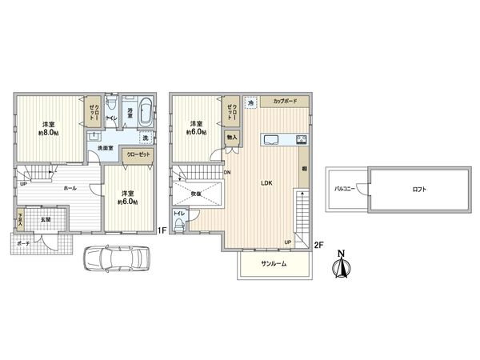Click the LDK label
266,183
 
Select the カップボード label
285,102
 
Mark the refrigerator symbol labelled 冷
250,103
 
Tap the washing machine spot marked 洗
145,137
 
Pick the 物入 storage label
231,138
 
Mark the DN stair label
228,172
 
